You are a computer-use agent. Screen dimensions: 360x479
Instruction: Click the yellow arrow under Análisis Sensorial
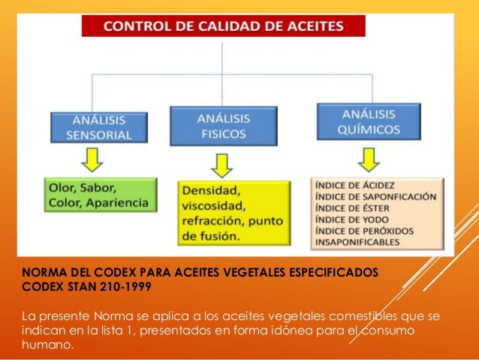pyautogui.click(x=95, y=161)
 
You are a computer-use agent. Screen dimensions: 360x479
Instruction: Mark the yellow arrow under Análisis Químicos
pyautogui.click(x=369, y=158)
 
